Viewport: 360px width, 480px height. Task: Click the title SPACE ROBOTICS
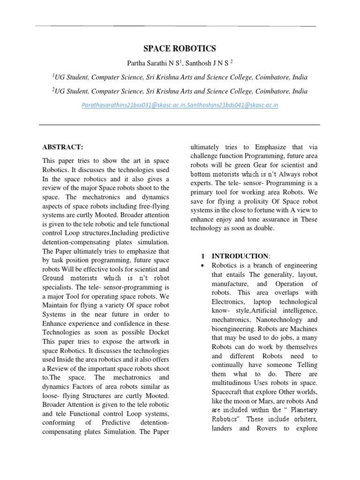click(180, 49)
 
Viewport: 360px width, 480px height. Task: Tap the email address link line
click(180, 105)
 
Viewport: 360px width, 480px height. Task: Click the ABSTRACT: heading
click(62, 147)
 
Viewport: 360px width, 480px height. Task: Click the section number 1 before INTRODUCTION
click(203, 256)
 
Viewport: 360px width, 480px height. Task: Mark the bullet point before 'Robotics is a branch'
click(203, 266)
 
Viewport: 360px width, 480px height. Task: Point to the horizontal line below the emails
click(180, 125)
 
